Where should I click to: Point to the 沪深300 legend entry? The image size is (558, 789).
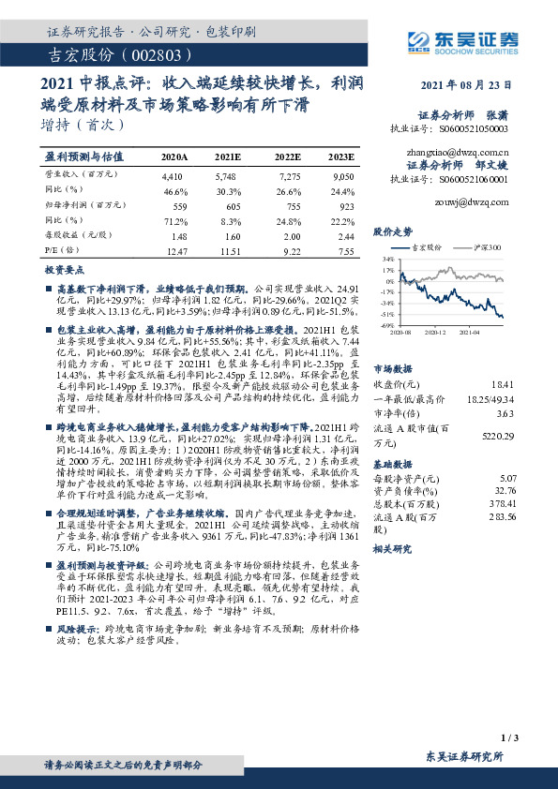tap(483, 247)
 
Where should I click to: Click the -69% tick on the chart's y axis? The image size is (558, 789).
tap(386, 326)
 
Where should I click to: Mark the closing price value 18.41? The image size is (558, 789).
tap(503, 384)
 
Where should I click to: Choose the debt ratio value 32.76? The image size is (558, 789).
tap(504, 488)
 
